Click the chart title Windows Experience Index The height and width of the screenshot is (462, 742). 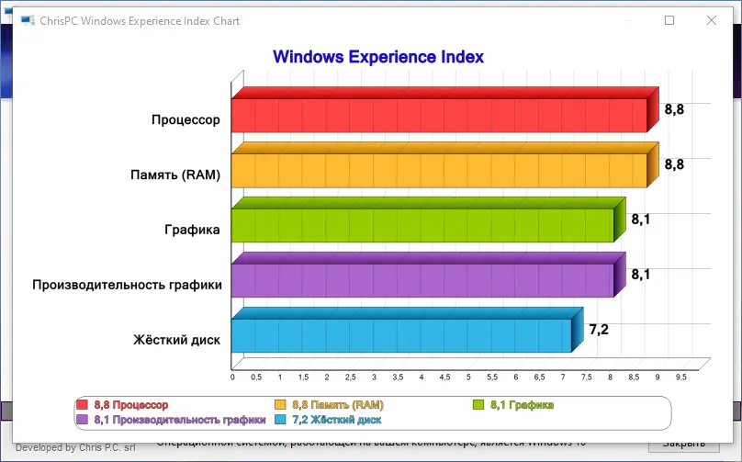378,57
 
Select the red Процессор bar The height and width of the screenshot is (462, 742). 439,116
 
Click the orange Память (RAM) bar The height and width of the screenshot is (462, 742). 439,171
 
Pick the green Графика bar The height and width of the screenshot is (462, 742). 422,226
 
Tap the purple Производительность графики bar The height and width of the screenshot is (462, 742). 422,281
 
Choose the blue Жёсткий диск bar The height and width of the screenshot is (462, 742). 401,336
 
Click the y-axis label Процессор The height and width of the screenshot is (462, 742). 186,119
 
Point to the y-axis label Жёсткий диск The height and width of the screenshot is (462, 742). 176,340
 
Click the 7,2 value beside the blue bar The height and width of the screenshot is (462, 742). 599,330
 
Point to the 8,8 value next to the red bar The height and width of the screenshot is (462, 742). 674,109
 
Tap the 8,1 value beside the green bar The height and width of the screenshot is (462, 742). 641,220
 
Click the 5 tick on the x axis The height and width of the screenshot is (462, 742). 468,377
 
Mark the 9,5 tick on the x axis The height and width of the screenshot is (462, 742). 680,377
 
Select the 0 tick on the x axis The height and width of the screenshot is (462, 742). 232,377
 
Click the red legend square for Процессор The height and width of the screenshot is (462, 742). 82,405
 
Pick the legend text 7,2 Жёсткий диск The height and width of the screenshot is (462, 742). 336,420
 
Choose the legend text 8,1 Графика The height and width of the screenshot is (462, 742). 523,405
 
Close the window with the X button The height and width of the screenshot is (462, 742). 711,20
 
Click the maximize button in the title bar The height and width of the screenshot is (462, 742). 669,20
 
